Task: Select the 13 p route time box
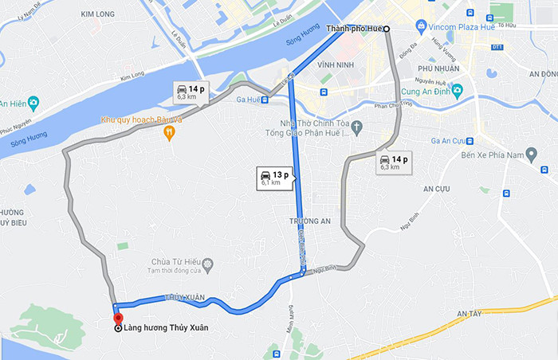(x=273, y=178)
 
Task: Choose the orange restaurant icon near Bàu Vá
(x=169, y=134)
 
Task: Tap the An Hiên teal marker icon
(x=33, y=103)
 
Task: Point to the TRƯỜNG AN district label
(x=308, y=221)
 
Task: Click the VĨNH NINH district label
(x=334, y=65)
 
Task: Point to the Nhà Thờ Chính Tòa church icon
(x=357, y=126)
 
